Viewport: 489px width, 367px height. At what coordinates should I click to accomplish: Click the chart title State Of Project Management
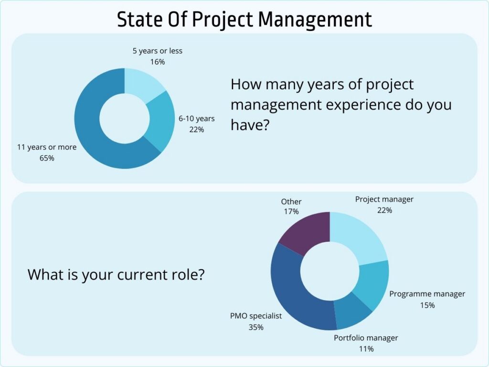point(244,19)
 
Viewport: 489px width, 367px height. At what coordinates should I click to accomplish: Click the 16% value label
point(157,62)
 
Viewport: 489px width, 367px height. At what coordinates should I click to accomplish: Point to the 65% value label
point(47,158)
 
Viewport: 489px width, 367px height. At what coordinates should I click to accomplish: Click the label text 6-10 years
point(197,119)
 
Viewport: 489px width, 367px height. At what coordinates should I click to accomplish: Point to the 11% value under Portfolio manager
point(366,349)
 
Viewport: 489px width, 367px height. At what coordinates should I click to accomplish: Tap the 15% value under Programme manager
point(427,305)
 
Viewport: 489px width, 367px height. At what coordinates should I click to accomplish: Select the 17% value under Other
point(291,211)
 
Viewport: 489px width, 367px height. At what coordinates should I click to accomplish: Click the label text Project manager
point(384,199)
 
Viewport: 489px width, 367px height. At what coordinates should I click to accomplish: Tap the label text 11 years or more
point(47,147)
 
